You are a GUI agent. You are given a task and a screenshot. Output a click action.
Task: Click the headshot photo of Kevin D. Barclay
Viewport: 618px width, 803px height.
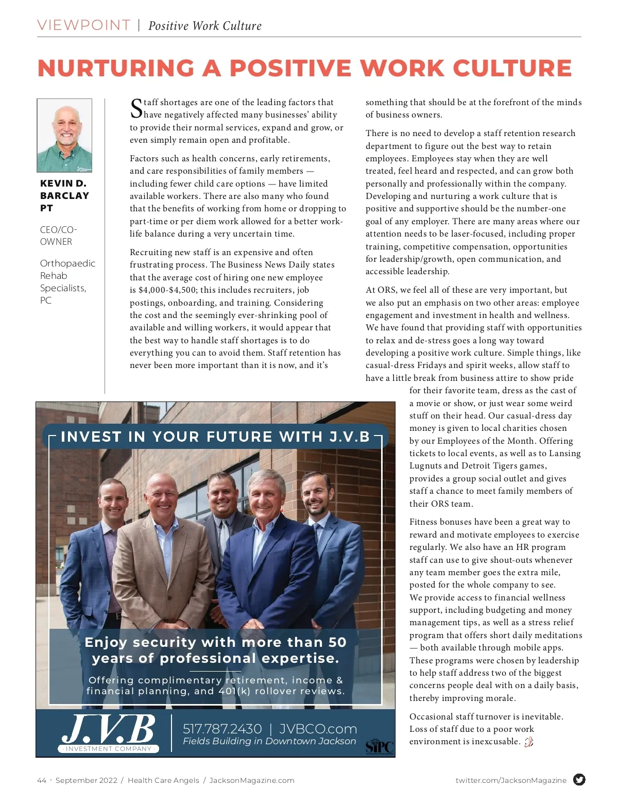tap(64, 135)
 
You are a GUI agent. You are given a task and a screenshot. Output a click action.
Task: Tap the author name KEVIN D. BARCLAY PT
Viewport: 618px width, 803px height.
tap(64, 196)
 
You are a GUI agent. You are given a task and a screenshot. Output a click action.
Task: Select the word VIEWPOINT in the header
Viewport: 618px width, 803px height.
tap(83, 25)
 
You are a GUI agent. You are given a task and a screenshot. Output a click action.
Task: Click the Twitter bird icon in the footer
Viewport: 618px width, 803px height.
tap(579, 780)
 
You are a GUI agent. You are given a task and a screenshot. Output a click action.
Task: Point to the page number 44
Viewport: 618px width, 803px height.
tap(42, 780)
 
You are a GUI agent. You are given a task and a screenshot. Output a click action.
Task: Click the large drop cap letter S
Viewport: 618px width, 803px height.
tap(136, 109)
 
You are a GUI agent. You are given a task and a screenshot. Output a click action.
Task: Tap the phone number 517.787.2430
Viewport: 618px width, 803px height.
tap(222, 729)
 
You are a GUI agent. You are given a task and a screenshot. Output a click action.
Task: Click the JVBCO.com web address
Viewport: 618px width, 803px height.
tap(318, 729)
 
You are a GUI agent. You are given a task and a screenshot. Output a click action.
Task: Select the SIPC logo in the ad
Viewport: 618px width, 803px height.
tap(380, 746)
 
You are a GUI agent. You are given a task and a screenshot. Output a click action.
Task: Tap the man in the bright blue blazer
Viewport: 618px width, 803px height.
tap(265, 557)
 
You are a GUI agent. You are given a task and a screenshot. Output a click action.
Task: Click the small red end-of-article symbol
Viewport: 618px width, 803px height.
tap(528, 742)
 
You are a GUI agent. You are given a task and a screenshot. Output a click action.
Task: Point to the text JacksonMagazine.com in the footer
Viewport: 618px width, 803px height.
tap(252, 780)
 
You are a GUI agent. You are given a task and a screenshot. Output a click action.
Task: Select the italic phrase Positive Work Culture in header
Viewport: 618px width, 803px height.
tap(205, 26)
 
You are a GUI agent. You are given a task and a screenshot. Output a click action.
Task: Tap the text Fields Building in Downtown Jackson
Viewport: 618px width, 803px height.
tap(269, 741)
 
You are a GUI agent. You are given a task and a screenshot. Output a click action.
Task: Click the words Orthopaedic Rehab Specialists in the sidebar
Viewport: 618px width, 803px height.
tap(67, 276)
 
